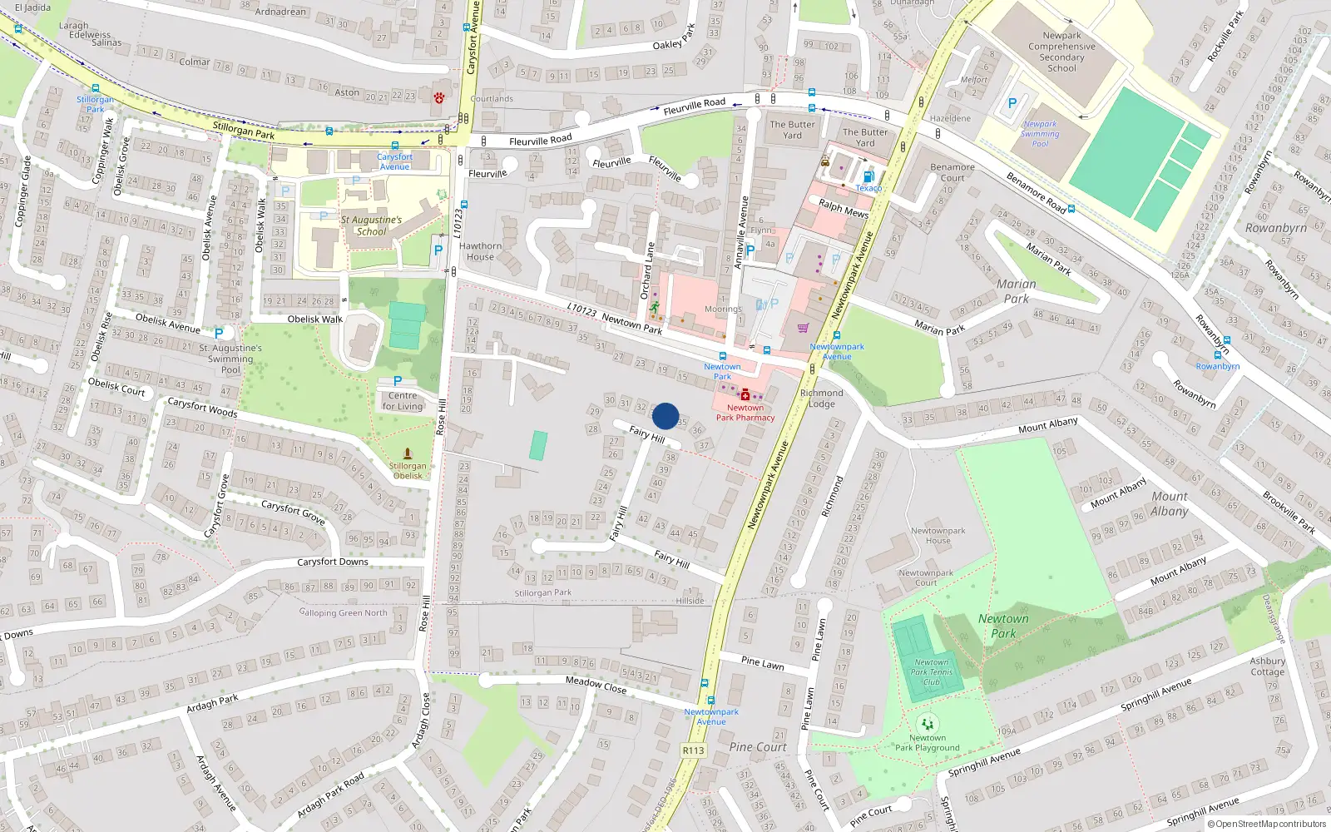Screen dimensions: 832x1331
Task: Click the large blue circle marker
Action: pos(665,416)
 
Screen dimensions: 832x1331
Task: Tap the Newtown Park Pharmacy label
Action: pos(745,413)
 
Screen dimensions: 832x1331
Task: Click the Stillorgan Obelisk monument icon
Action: pos(408,453)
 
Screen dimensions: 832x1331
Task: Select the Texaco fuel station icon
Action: pos(868,176)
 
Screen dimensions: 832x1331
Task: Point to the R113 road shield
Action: pos(693,750)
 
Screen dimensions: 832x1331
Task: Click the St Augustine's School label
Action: pos(371,225)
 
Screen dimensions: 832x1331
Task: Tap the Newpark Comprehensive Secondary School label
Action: pos(1061,52)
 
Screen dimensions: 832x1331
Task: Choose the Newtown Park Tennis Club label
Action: pos(931,672)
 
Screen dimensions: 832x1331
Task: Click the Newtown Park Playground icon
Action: pos(927,724)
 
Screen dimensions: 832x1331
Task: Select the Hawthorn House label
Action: pos(480,251)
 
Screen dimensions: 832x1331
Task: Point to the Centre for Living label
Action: pos(403,401)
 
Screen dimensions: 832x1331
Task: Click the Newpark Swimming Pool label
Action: pos(1040,134)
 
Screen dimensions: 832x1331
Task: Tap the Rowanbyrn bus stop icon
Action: pos(1218,355)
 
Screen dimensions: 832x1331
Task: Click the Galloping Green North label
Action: pos(344,612)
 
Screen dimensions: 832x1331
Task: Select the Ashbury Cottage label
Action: pos(1267,666)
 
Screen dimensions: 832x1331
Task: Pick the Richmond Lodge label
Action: pos(821,399)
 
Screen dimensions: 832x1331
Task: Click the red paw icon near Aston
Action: pos(438,97)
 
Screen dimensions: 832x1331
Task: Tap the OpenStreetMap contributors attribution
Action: pos(1266,825)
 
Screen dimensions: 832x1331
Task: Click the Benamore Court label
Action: pos(952,172)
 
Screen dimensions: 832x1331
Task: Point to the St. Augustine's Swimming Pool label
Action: pos(230,359)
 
